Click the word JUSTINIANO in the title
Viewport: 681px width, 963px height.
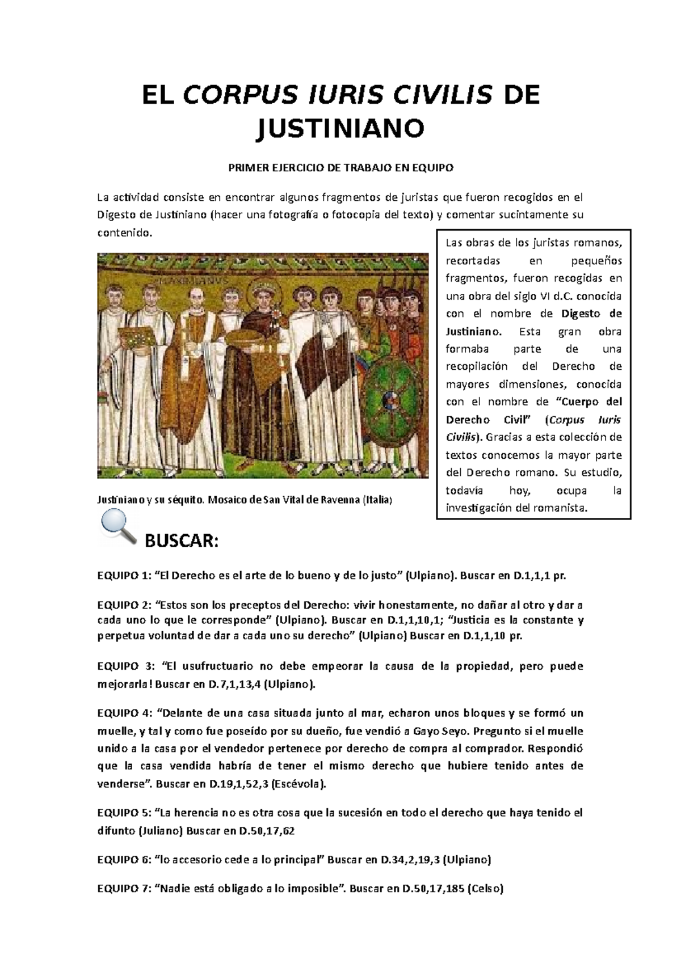(340, 128)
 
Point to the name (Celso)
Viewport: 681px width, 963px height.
(485, 889)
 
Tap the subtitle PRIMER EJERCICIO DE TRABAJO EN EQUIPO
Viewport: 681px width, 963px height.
(340, 168)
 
